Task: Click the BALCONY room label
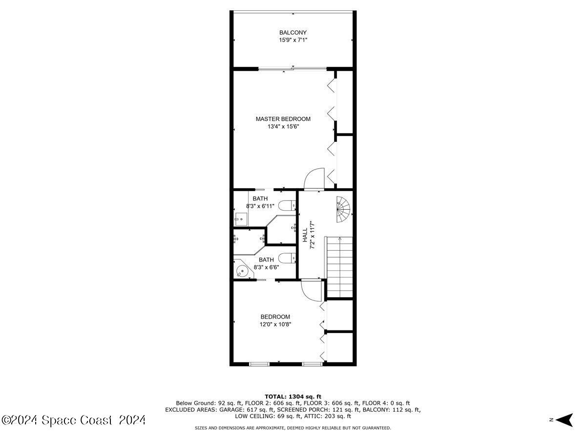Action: (x=293, y=33)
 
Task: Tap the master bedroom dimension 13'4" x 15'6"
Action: (x=283, y=127)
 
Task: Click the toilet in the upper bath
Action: (x=289, y=205)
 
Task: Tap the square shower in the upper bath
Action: (x=241, y=219)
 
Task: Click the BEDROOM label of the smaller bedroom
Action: (x=275, y=317)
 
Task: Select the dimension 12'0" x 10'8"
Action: (x=275, y=324)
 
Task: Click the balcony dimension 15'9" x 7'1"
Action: (x=293, y=40)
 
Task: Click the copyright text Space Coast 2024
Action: (x=73, y=420)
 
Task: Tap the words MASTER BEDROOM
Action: (x=283, y=119)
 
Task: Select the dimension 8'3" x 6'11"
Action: (x=260, y=206)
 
